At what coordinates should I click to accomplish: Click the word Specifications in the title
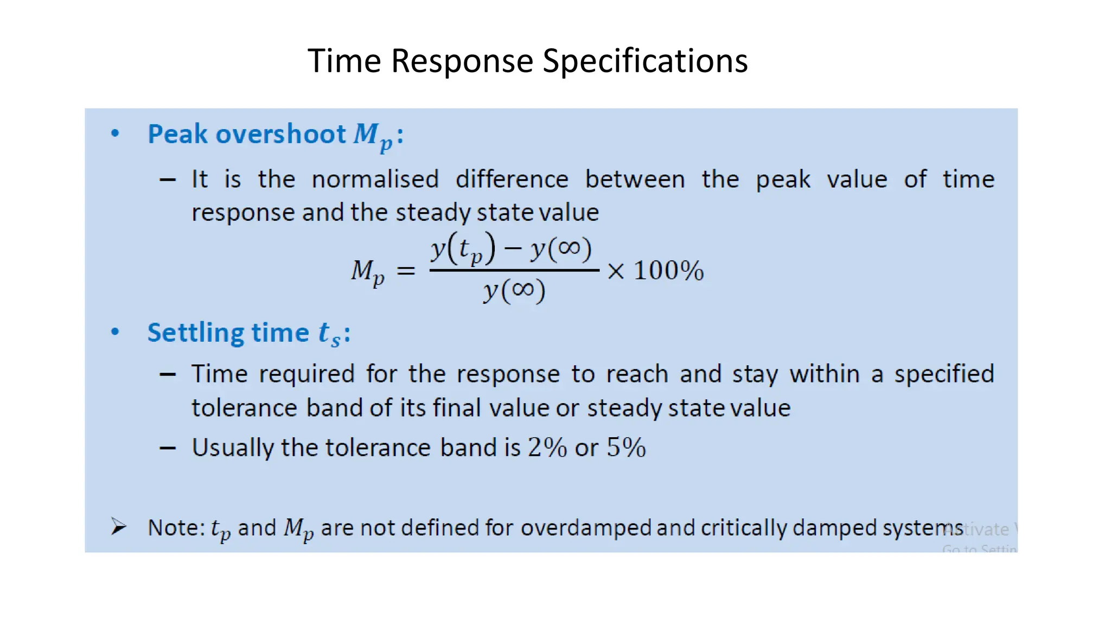645,61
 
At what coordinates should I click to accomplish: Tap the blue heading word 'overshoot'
280,134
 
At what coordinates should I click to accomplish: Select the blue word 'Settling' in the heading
196,333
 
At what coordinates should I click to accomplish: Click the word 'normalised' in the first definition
375,180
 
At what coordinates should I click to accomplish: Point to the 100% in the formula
668,270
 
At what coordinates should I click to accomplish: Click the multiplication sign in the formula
616,271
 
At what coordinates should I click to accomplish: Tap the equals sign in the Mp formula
406,270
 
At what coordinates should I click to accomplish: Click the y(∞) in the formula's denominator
514,291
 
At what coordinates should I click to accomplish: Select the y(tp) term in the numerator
463,250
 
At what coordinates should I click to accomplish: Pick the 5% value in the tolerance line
626,448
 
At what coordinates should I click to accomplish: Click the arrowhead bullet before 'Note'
118,527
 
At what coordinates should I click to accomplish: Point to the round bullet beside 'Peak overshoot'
115,133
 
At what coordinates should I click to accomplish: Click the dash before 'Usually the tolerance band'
168,448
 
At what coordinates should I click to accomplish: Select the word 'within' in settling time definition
824,374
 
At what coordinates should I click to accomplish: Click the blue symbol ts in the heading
329,334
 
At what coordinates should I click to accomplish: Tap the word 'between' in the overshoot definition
635,180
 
